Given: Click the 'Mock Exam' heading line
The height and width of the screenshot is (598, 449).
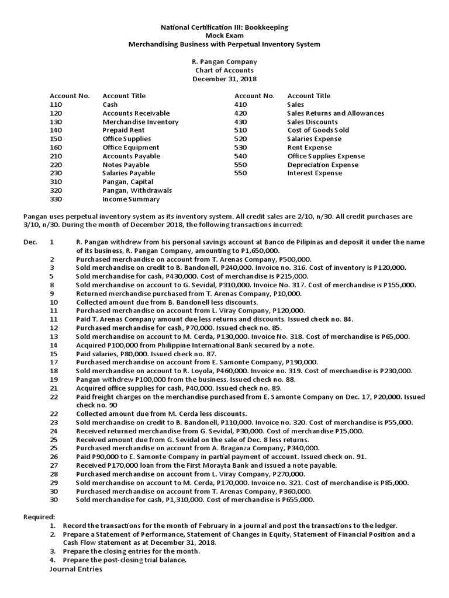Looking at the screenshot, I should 224,36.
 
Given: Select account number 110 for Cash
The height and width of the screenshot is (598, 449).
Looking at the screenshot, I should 56,105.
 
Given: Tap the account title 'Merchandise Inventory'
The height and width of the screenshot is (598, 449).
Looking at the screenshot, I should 140,121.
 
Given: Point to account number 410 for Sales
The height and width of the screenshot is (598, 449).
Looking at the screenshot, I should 240,105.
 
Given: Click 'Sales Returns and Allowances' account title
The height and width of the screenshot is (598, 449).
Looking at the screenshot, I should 336,113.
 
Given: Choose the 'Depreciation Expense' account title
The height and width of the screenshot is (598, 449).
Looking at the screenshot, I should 323,165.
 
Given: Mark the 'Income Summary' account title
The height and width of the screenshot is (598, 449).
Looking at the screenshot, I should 131,199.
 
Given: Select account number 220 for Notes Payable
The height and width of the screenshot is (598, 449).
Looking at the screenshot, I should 56,165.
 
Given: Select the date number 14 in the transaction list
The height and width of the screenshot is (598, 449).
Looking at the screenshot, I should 54,345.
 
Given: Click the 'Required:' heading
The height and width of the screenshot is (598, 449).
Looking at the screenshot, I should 40,517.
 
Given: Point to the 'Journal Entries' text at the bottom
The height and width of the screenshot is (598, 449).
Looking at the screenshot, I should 76,569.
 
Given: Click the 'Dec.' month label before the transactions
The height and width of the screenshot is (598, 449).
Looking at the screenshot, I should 30,242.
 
